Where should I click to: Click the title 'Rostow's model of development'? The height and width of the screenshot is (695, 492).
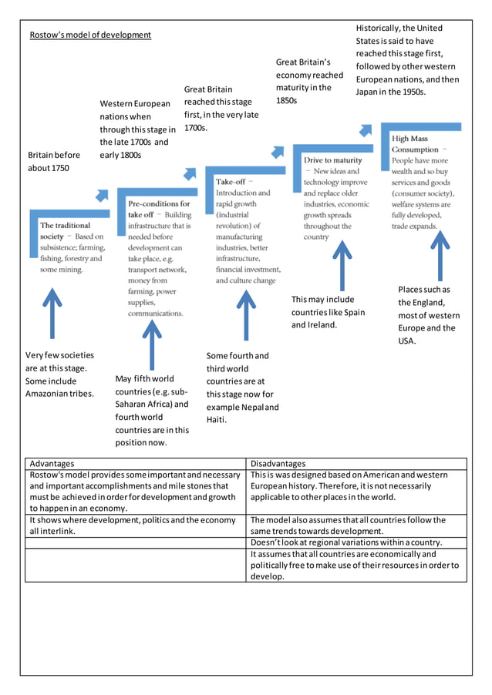(x=90, y=35)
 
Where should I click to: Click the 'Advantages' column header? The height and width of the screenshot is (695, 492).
(x=52, y=464)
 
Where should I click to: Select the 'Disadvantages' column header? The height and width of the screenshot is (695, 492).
(x=278, y=464)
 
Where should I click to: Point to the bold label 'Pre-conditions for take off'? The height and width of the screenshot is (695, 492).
(x=159, y=209)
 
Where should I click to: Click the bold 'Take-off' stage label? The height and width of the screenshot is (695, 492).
(x=231, y=181)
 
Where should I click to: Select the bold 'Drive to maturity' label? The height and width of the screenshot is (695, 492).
(x=332, y=160)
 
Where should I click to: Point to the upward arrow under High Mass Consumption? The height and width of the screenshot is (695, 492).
(x=440, y=254)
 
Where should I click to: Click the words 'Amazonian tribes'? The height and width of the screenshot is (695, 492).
(x=59, y=394)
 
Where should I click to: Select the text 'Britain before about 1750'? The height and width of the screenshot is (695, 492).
(x=54, y=161)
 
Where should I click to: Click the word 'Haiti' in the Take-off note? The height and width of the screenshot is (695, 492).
(x=216, y=420)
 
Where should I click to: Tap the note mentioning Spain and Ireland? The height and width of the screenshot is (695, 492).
(x=328, y=312)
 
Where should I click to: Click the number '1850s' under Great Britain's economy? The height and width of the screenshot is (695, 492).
(x=286, y=100)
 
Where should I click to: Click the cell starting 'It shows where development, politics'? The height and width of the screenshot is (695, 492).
(x=132, y=525)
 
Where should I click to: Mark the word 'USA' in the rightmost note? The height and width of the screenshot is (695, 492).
(x=407, y=341)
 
